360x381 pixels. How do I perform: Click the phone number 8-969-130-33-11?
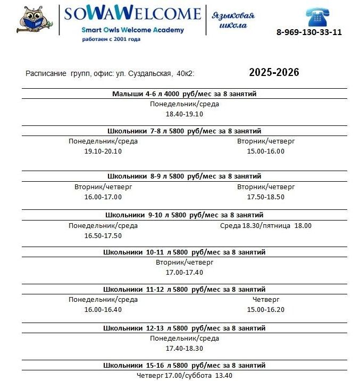(x=309, y=32)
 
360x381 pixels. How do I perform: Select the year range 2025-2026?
(x=274, y=73)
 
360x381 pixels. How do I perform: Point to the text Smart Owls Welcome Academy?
(x=132, y=30)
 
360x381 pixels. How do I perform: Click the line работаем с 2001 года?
(x=111, y=39)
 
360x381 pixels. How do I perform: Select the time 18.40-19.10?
(x=184, y=114)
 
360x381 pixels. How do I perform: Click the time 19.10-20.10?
(x=103, y=151)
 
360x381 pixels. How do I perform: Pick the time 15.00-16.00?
(x=265, y=151)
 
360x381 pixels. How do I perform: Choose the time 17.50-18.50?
(x=265, y=197)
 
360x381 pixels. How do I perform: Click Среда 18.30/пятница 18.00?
(x=265, y=225)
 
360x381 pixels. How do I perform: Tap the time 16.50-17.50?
(x=103, y=235)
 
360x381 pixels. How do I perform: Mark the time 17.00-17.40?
(x=184, y=272)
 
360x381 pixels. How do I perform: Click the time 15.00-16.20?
(x=265, y=309)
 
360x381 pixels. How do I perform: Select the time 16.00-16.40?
(x=103, y=309)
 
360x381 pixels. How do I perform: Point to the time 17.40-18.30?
(x=184, y=348)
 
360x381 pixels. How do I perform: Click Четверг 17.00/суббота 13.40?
(x=184, y=375)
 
